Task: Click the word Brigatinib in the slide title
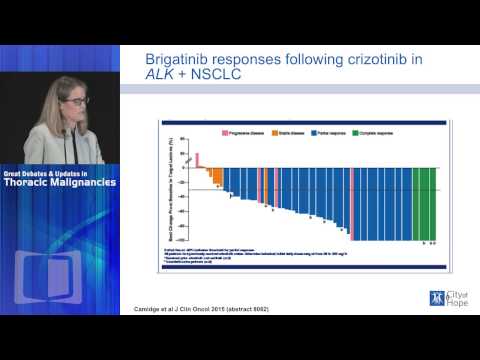(177, 60)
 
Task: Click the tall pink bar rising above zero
(197, 160)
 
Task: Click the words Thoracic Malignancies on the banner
(59, 182)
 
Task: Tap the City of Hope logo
(445, 297)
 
